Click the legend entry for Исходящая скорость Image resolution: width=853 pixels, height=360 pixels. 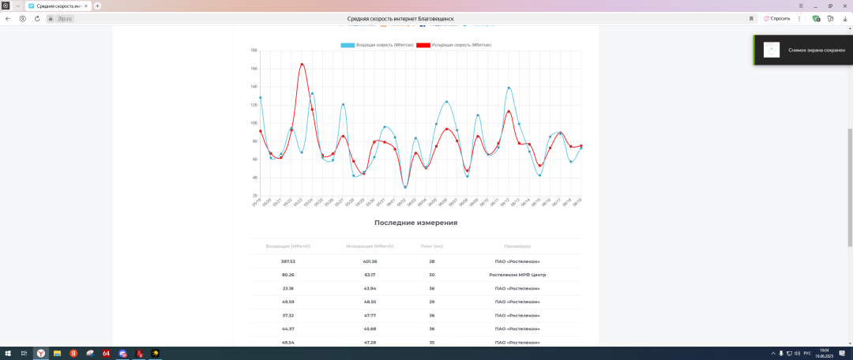pyautogui.click(x=453, y=45)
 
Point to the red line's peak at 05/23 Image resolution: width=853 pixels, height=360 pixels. pyautogui.click(x=302, y=64)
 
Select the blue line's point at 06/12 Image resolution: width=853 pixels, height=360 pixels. pyautogui.click(x=509, y=88)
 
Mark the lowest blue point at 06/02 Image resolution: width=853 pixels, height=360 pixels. pyautogui.click(x=405, y=187)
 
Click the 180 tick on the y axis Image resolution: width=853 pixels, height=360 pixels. pyautogui.click(x=254, y=51)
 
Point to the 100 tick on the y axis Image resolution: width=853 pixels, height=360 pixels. pyautogui.click(x=254, y=123)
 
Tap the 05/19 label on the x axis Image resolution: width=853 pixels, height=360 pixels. pyautogui.click(x=257, y=203)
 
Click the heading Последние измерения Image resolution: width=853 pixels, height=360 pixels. pyautogui.click(x=415, y=223)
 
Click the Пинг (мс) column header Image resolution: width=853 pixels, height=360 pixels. pyautogui.click(x=432, y=246)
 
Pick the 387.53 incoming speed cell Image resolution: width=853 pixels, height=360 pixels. pyautogui.click(x=287, y=261)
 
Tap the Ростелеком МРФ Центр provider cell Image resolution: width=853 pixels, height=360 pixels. pyautogui.click(x=517, y=275)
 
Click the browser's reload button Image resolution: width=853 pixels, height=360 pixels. pyautogui.click(x=36, y=18)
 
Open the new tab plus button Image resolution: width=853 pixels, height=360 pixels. pyautogui.click(x=97, y=6)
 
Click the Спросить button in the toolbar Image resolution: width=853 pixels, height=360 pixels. pyautogui.click(x=777, y=18)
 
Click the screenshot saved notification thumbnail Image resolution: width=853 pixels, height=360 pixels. pyautogui.click(x=772, y=50)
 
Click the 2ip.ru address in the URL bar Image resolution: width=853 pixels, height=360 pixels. pyautogui.click(x=65, y=18)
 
